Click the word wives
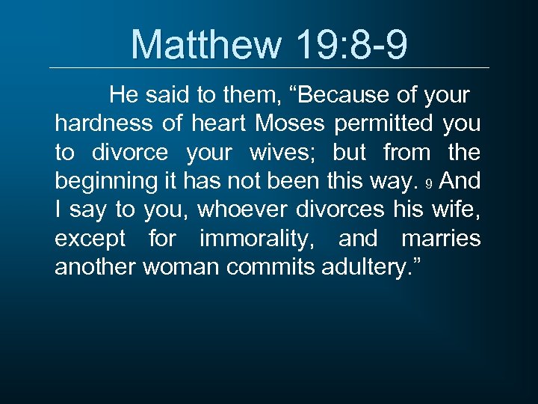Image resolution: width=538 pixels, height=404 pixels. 289,153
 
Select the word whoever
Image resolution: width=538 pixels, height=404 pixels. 241,210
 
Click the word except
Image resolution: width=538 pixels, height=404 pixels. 91,239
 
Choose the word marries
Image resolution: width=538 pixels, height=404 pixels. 441,239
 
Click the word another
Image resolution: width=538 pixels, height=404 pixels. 96,267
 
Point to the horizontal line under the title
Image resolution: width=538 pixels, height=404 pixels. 269,68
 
